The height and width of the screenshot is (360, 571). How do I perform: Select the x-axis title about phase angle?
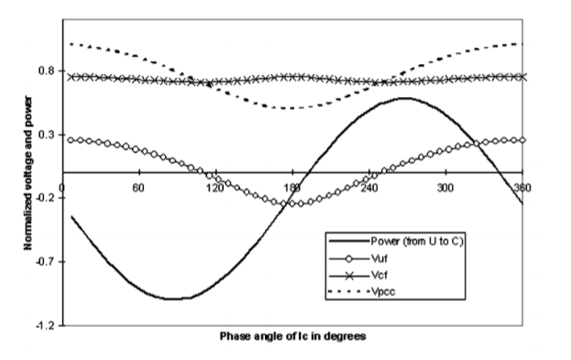[x=293, y=336]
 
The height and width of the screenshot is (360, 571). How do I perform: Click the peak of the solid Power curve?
[x=404, y=98]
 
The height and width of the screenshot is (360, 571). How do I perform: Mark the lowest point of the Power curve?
[x=176, y=299]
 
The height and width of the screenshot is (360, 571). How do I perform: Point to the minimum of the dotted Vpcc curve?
[x=291, y=108]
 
